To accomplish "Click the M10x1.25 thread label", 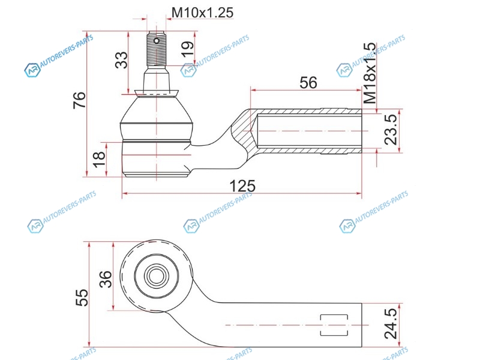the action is coord(202,13).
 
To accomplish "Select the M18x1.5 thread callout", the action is coord(370,73).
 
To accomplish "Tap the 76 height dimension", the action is coord(79,100).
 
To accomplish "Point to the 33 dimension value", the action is coord(121,60).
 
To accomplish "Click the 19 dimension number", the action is coord(187,49).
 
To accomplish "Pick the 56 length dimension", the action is coord(308,83).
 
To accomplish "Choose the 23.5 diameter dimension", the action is coord(391,130).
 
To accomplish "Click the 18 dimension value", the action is coord(99,160).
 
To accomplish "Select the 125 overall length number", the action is coord(242,186).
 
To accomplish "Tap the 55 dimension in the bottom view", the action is coord(82,298).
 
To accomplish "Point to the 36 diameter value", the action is coord(106,279).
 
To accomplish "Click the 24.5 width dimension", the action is coord(391,323).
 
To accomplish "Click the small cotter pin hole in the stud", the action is coord(157,41).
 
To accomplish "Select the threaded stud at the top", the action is coord(157,49).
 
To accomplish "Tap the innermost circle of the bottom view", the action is coord(157,276).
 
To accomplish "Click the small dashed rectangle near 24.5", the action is coord(334,325).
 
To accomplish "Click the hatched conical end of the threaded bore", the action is coord(244,131).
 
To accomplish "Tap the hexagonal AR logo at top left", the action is coord(32,70).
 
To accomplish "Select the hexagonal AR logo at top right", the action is coord(344,70).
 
